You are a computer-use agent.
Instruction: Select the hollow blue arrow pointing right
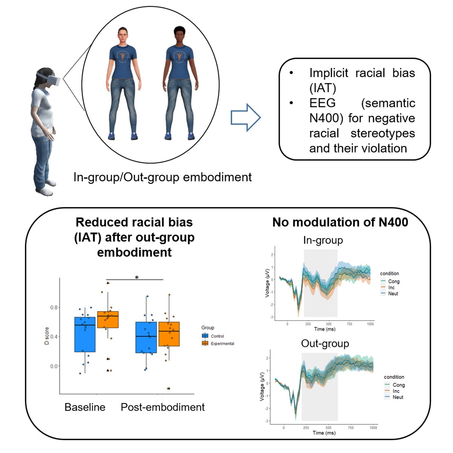pyautogui.click(x=245, y=117)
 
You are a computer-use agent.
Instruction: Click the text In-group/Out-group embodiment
pyautogui.click(x=162, y=177)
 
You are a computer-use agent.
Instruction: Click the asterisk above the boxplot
pyautogui.click(x=137, y=277)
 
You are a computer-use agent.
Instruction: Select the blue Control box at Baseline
pyautogui.click(x=85, y=334)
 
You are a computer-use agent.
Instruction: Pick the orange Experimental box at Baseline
pyautogui.click(x=108, y=319)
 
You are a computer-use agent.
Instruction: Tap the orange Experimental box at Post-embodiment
pyautogui.click(x=169, y=334)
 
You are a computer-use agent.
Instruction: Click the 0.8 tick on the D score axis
pyautogui.click(x=54, y=307)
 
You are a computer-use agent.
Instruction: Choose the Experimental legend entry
pyautogui.click(x=222, y=344)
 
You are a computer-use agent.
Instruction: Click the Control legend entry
pyautogui.click(x=217, y=336)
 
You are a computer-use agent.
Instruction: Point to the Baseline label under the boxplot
pyautogui.click(x=85, y=407)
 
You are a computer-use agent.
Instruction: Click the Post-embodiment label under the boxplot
pyautogui.click(x=163, y=407)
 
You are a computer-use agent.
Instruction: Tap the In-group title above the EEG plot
pyautogui.click(x=323, y=240)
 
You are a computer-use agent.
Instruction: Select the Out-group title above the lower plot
pyautogui.click(x=325, y=343)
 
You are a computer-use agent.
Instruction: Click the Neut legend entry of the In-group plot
pyautogui.click(x=393, y=293)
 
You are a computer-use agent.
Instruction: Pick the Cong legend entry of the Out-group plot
pyautogui.click(x=398, y=385)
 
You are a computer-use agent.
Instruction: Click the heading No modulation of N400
pyautogui.click(x=340, y=222)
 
